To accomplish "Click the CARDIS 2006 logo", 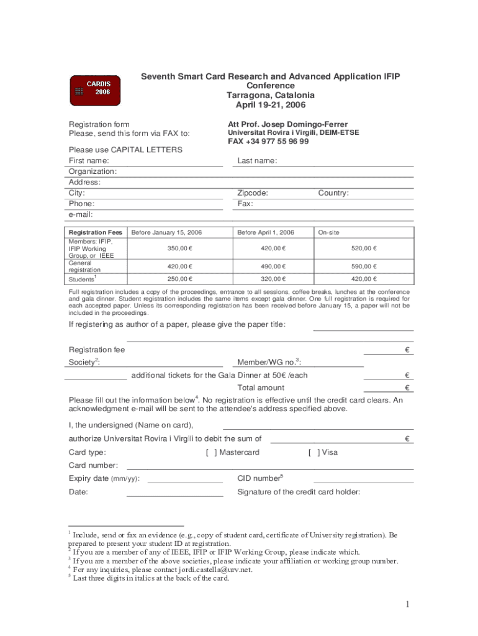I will click(95, 91).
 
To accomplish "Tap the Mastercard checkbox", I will click(211, 452).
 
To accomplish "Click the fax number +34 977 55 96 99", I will click(268, 142).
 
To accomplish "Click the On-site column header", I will click(328, 232).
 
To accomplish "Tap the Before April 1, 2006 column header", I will click(266, 232).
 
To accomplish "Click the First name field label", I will click(88, 161).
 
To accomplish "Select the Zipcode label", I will click(253, 193).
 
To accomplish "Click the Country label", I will click(333, 193).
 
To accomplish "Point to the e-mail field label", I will click(81, 215).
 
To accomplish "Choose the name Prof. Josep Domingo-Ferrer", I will click(296, 124).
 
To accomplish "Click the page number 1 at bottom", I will click(408, 604).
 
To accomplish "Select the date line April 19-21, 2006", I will click(271, 105).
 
